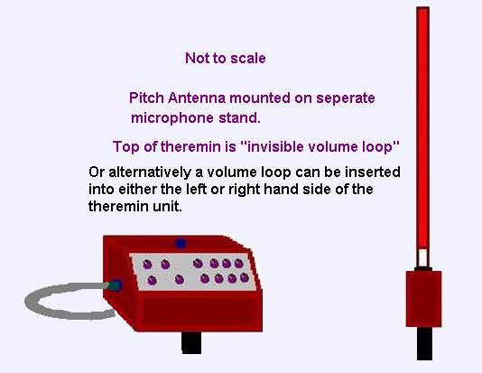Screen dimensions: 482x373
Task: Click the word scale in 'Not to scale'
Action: pos(248,58)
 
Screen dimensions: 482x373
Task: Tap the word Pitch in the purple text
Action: pos(146,98)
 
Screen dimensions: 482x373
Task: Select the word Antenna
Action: pos(197,98)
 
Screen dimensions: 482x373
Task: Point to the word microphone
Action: pos(172,118)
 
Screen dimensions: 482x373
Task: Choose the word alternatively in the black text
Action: pos(149,173)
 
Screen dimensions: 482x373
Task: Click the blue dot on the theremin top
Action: pos(181,244)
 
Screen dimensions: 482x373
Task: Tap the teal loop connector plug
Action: pos(114,285)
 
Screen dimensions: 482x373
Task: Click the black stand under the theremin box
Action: pos(191,343)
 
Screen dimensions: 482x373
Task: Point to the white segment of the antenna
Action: pos(423,257)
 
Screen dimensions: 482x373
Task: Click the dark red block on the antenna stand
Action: pos(423,299)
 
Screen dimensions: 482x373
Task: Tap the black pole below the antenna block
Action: pos(424,343)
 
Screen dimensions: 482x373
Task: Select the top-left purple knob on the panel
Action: pos(147,264)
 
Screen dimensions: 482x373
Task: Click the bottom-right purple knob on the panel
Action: pos(245,277)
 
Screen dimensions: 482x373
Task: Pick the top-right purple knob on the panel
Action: pos(239,263)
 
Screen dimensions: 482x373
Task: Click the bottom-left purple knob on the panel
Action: pos(153,281)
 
